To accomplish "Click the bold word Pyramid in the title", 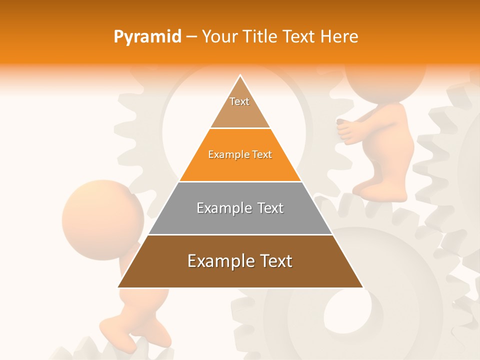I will coord(147,37).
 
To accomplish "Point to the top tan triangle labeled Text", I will coord(240,107).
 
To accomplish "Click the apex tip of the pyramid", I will coord(240,76).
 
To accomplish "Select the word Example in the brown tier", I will coord(215,261).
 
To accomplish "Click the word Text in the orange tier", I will coord(261,154).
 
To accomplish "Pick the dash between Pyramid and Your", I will coord(191,36).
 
